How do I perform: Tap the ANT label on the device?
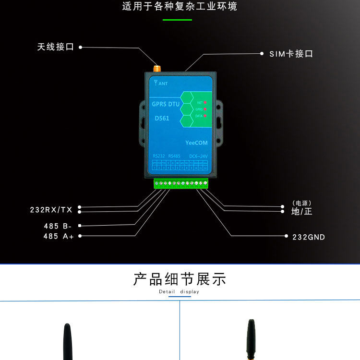pos(160,83)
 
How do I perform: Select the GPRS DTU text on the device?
pos(166,104)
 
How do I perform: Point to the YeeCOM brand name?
pos(196,143)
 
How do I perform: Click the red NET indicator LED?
pos(205,103)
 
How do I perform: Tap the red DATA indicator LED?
pos(205,116)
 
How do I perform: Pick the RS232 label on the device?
pos(159,156)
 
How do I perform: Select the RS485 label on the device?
pos(175,156)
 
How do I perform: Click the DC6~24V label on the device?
pos(198,156)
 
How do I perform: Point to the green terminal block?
pos(181,183)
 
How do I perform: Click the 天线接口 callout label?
pos(56,47)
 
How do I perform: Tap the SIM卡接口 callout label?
pos(291,54)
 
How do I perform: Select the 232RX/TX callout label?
pos(51,210)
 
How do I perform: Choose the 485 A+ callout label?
pos(59,236)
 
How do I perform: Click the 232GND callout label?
pos(309,237)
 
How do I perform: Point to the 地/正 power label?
pos(301,211)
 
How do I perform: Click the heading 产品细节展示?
pos(180,279)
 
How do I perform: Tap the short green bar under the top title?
pos(177,20)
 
